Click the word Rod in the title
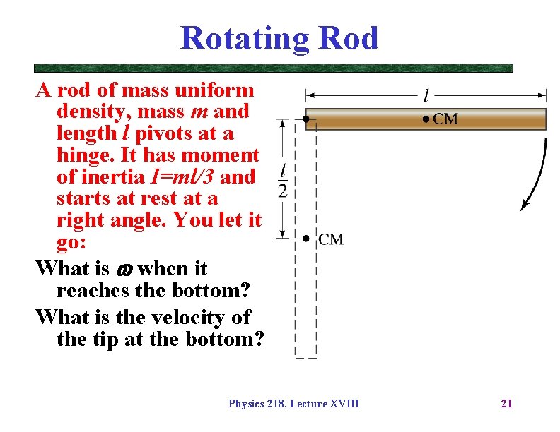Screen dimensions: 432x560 coord(348,38)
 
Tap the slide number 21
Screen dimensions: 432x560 coord(506,404)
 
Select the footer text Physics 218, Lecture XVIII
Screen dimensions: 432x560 coord(293,404)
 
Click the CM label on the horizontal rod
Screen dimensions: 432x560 coord(445,119)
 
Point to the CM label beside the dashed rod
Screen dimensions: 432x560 coord(331,239)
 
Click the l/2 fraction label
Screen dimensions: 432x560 coord(283,181)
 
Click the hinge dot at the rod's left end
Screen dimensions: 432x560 coord(305,119)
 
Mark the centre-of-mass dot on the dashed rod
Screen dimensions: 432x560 coord(305,239)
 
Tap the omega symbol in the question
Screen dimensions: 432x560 coord(123,269)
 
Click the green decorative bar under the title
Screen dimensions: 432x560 coord(273,68)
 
